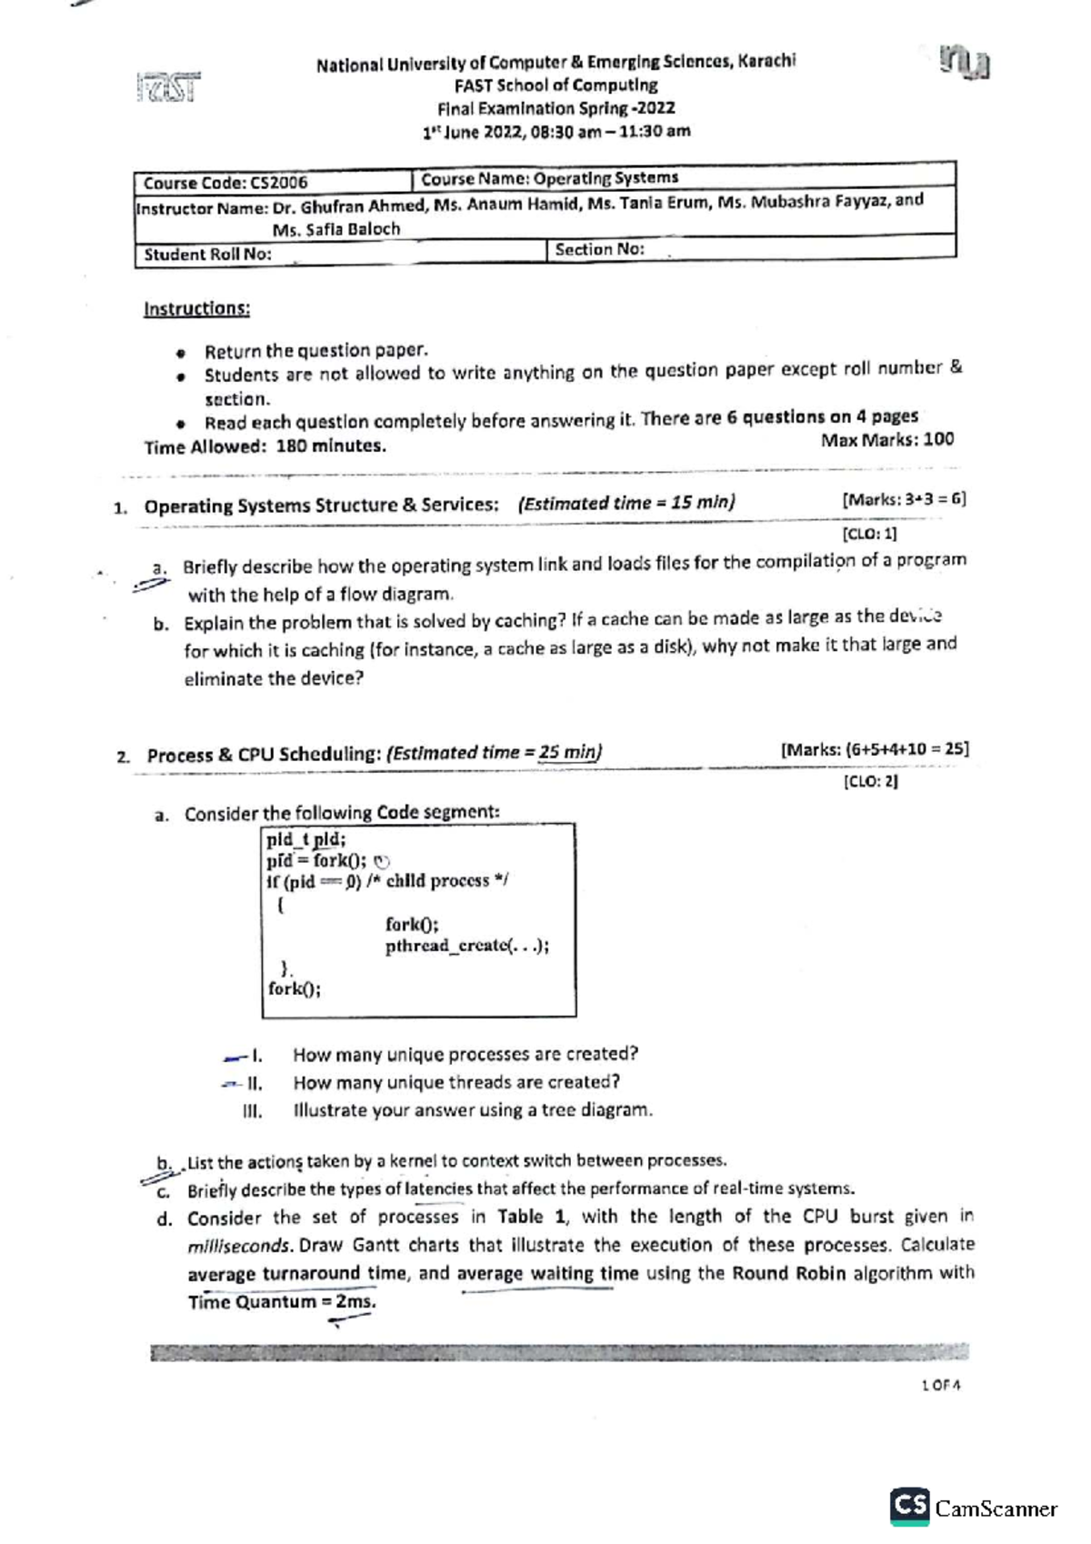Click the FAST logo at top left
(x=168, y=88)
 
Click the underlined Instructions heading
(x=196, y=308)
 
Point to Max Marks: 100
(x=887, y=440)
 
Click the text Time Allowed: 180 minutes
(x=265, y=446)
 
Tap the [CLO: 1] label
(x=869, y=534)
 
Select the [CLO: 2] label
(x=870, y=781)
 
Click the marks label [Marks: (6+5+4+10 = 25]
(x=875, y=749)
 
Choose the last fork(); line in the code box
(x=294, y=988)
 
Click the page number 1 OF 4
(x=940, y=1386)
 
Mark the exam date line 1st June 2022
(x=556, y=131)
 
